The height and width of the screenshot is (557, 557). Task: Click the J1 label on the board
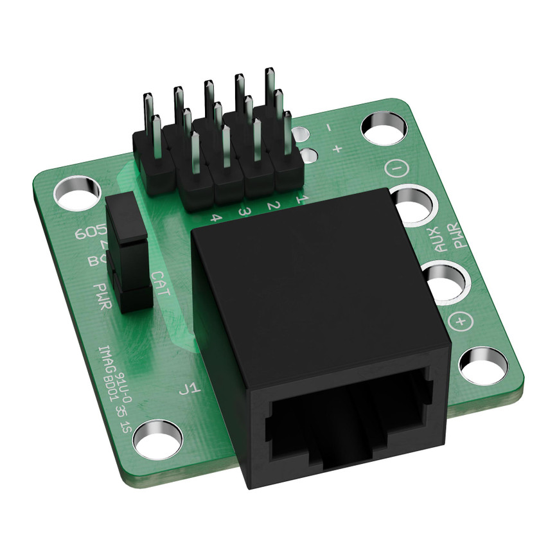192,388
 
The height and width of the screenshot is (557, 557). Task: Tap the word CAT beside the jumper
160,283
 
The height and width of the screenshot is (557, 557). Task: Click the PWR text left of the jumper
102,296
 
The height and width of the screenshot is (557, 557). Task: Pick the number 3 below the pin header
244,211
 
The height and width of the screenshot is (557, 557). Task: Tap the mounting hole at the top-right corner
383,128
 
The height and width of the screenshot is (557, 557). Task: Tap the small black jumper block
127,254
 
